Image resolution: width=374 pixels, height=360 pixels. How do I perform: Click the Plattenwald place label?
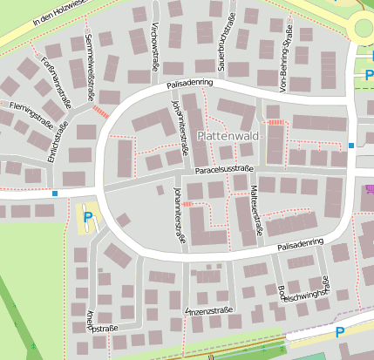pyautogui.click(x=229, y=136)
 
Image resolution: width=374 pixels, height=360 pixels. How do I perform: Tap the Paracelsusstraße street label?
pyautogui.click(x=223, y=170)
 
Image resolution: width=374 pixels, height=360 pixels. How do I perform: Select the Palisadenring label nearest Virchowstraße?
pyautogui.click(x=190, y=85)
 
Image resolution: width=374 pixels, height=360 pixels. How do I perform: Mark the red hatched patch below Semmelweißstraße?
pyautogui.click(x=101, y=112)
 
